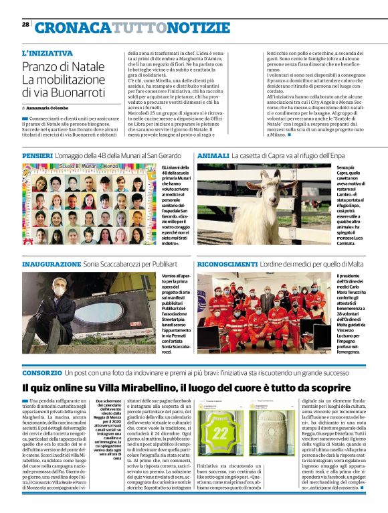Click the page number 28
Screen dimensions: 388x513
pyautogui.click(x=25, y=24)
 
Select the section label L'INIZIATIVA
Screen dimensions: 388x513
pyautogui.click(x=47, y=53)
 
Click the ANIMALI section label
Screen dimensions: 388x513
pyautogui.click(x=212, y=155)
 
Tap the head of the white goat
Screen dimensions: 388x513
pyautogui.click(x=272, y=179)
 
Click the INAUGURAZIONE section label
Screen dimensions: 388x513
pyautogui.click(x=50, y=264)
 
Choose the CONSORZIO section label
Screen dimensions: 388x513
pyautogui.click(x=42, y=372)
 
